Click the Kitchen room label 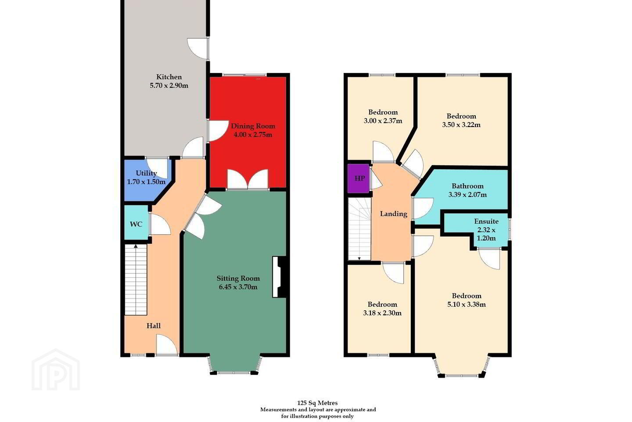click(169, 77)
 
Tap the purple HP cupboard click(358, 178)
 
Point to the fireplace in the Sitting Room click(279, 276)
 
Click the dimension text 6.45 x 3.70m click(238, 287)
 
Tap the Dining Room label click(253, 126)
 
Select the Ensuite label click(486, 221)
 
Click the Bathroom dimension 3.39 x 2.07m click(467, 194)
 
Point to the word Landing click(394, 214)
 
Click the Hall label click(154, 326)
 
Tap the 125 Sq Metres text click(317, 403)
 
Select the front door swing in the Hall click(167, 345)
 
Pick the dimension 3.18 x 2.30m click(382, 313)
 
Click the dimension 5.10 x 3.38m click(467, 305)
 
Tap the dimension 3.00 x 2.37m click(383, 121)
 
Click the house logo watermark click(56, 370)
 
